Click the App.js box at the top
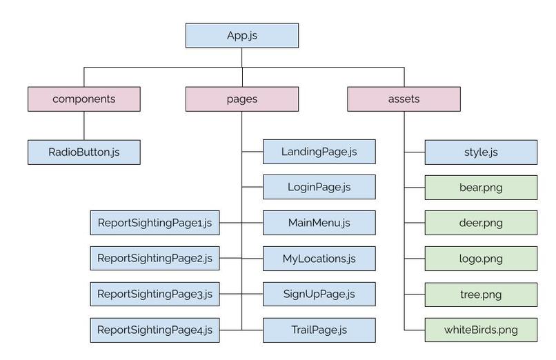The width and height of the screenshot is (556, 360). [242, 35]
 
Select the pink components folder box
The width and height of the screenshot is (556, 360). [84, 99]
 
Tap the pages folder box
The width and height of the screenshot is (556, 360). [242, 99]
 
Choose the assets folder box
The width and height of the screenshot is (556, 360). [404, 99]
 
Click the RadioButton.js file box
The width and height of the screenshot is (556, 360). [84, 152]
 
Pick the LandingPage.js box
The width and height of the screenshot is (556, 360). [319, 152]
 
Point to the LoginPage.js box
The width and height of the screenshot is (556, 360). [319, 187]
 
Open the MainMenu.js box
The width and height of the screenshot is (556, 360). [319, 223]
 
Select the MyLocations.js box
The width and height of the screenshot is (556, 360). [319, 259]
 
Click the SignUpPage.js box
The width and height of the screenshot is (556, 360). [319, 294]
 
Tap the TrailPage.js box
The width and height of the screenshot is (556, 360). [319, 330]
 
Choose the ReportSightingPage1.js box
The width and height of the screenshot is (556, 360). [155, 223]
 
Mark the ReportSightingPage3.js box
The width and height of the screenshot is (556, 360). [155, 294]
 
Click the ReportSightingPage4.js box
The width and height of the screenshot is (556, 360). [155, 330]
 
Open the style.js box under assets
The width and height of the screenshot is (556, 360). [481, 152]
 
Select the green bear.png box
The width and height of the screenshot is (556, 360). [481, 188]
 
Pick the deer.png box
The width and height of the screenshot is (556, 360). [481, 223]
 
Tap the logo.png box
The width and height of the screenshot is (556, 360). [481, 259]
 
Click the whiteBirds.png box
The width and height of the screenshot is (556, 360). [481, 330]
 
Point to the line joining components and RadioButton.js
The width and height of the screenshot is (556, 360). [84, 126]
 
